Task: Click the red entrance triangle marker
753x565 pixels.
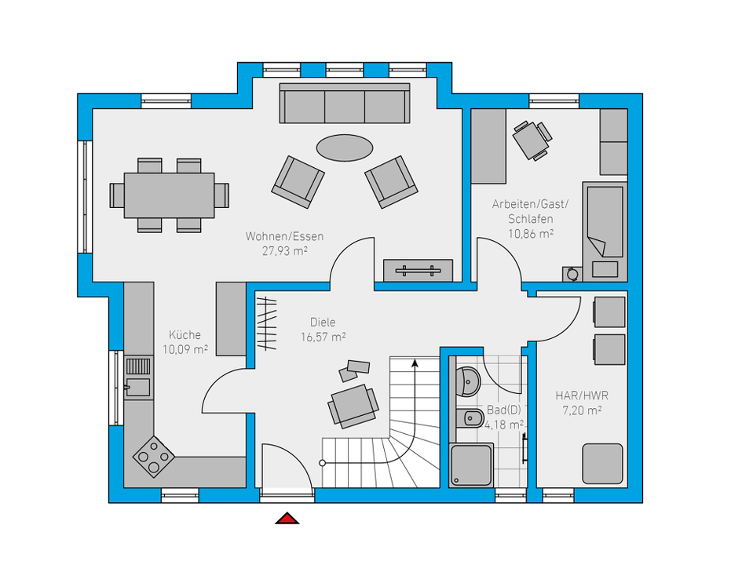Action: (x=287, y=519)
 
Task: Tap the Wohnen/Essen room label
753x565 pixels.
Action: (x=284, y=236)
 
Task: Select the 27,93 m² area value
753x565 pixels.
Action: (x=284, y=250)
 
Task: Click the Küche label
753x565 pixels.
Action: (x=185, y=334)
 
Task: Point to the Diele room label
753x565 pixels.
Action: (x=323, y=322)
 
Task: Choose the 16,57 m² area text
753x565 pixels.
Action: (x=323, y=337)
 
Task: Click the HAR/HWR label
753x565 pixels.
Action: (x=582, y=395)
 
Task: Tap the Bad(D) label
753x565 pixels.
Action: (x=504, y=410)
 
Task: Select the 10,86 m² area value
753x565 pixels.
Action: (x=531, y=234)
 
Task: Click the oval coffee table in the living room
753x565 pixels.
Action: (x=345, y=148)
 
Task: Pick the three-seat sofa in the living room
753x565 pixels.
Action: (x=345, y=104)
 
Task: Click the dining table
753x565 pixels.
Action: (x=169, y=195)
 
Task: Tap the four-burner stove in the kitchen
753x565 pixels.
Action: (x=154, y=457)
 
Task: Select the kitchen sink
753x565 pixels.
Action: (x=138, y=378)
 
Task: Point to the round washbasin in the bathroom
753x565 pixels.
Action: (x=467, y=382)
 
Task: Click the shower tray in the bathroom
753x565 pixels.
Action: (x=471, y=465)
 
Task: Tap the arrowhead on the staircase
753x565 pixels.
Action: (x=415, y=363)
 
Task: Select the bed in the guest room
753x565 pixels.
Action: (x=605, y=231)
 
